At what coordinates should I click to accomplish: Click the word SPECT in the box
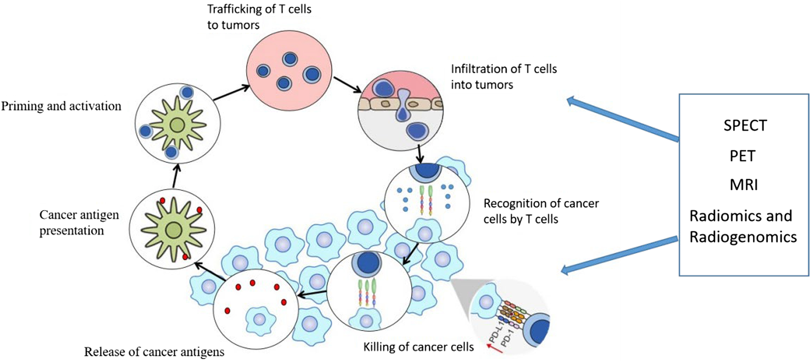(x=745, y=126)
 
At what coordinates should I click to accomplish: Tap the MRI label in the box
(x=744, y=185)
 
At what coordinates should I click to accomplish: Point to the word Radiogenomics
(x=743, y=237)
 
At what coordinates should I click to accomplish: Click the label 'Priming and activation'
(x=61, y=106)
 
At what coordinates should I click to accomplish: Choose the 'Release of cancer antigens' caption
(x=154, y=352)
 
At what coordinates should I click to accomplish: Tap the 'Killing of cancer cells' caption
(x=418, y=347)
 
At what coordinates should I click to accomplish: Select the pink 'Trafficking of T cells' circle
(x=289, y=70)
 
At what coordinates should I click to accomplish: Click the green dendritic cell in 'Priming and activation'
(x=177, y=125)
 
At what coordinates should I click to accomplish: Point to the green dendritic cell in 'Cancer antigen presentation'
(x=174, y=230)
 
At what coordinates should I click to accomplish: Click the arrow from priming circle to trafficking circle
(x=231, y=93)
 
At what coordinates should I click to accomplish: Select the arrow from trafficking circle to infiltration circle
(x=347, y=85)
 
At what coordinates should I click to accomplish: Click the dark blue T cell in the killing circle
(x=367, y=262)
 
